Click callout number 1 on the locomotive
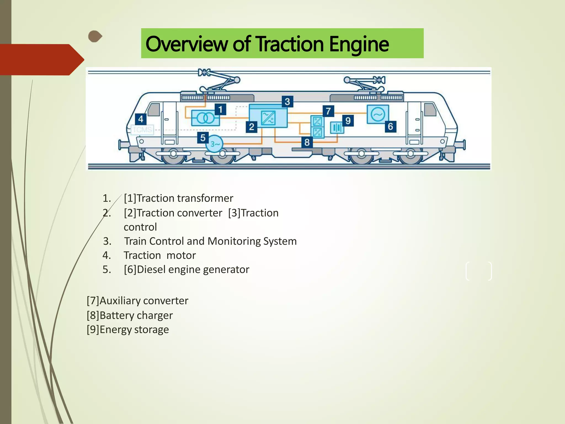(x=220, y=110)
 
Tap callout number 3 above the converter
(x=287, y=102)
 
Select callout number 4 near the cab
(x=141, y=119)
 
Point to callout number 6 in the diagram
(x=390, y=126)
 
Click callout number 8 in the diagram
(x=307, y=142)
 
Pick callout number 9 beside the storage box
(x=348, y=121)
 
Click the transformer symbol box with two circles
(x=205, y=118)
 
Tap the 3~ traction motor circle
(x=215, y=144)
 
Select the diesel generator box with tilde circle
(x=378, y=114)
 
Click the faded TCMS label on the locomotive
(x=143, y=129)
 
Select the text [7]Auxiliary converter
(x=137, y=301)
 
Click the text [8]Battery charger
(x=130, y=315)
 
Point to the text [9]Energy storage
(x=128, y=330)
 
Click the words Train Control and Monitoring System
(x=210, y=241)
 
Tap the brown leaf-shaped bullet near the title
(x=95, y=36)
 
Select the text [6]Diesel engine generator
(x=186, y=269)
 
